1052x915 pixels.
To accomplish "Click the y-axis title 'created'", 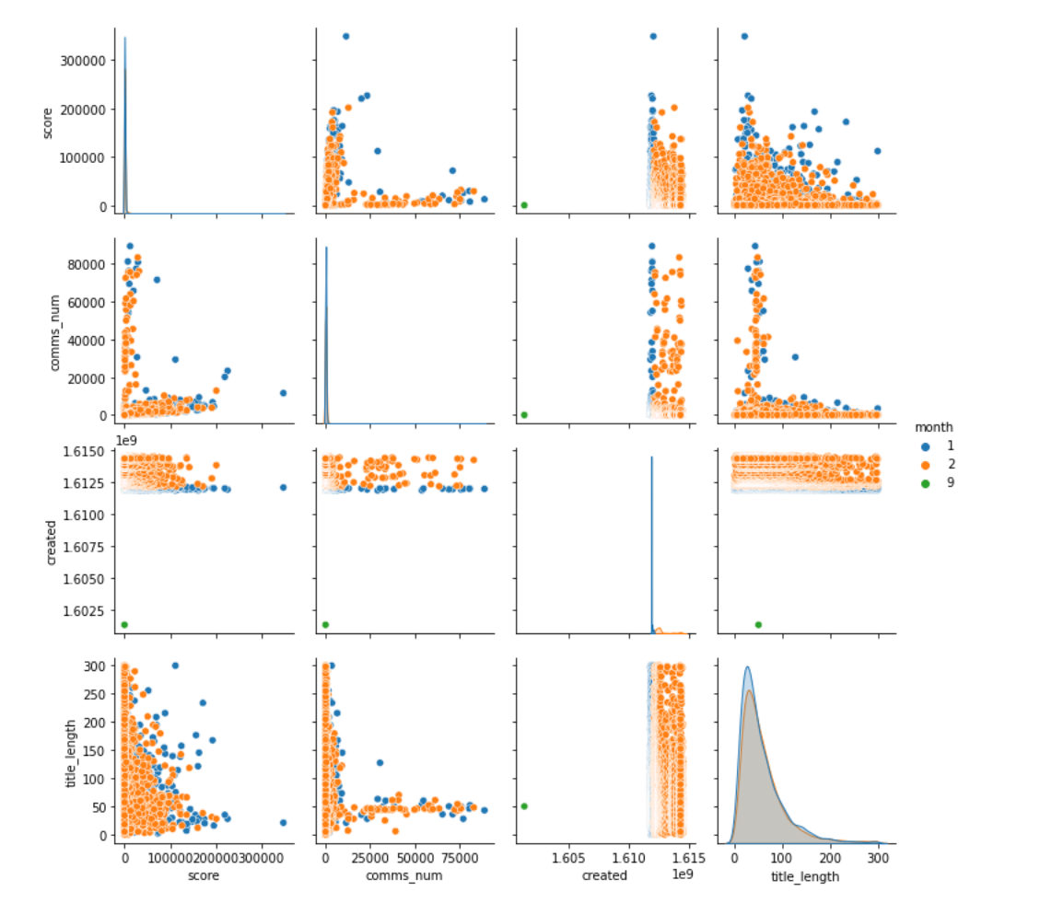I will pos(53,541).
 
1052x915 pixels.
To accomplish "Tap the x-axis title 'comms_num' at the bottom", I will pos(404,875).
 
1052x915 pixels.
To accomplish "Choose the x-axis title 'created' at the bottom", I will pos(605,875).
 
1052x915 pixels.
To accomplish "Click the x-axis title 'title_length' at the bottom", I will pos(805,875).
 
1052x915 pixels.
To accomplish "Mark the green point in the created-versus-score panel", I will pos(124,625).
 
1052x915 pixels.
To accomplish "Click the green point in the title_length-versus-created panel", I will pos(524,806).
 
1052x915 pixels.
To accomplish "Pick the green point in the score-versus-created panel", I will pos(524,204).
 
